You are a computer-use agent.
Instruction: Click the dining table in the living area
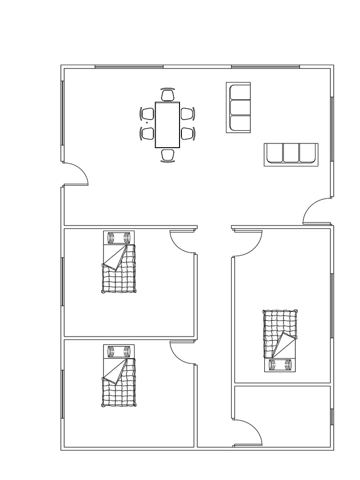tap(167, 125)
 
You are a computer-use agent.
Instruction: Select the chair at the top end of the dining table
tap(167, 95)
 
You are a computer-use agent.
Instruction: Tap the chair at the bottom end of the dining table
tap(167, 155)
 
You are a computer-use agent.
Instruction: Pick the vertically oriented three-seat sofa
tap(238, 108)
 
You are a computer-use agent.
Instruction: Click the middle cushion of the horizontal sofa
tap(291, 154)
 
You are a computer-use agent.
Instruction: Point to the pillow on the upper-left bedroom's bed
tap(119, 238)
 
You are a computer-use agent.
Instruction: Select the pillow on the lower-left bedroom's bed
tap(119, 351)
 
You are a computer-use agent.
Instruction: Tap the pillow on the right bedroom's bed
tap(280, 364)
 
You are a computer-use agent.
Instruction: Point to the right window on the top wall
tap(265, 67)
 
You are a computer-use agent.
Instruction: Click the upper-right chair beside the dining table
tap(187, 113)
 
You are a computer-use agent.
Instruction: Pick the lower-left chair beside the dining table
tap(147, 133)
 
